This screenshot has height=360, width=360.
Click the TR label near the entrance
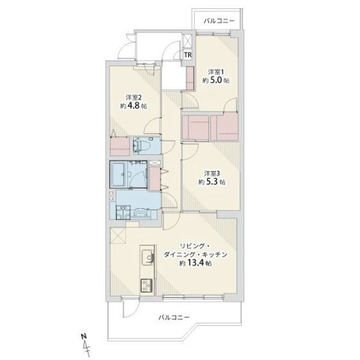pos(188,55)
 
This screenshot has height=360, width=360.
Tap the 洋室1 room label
pos(216,72)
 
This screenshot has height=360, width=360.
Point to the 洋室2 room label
pos(133,97)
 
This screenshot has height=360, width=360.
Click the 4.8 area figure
pos(133,106)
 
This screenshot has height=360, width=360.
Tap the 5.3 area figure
pos(211,182)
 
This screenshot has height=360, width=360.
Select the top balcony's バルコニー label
pos(219,21)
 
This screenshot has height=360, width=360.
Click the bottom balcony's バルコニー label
pos(174,318)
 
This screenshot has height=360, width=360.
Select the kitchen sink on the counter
pos(148,257)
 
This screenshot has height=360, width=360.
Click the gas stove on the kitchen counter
pos(147,286)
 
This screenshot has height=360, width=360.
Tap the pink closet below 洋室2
pos(119,146)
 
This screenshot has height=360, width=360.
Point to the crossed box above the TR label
pos(188,41)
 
